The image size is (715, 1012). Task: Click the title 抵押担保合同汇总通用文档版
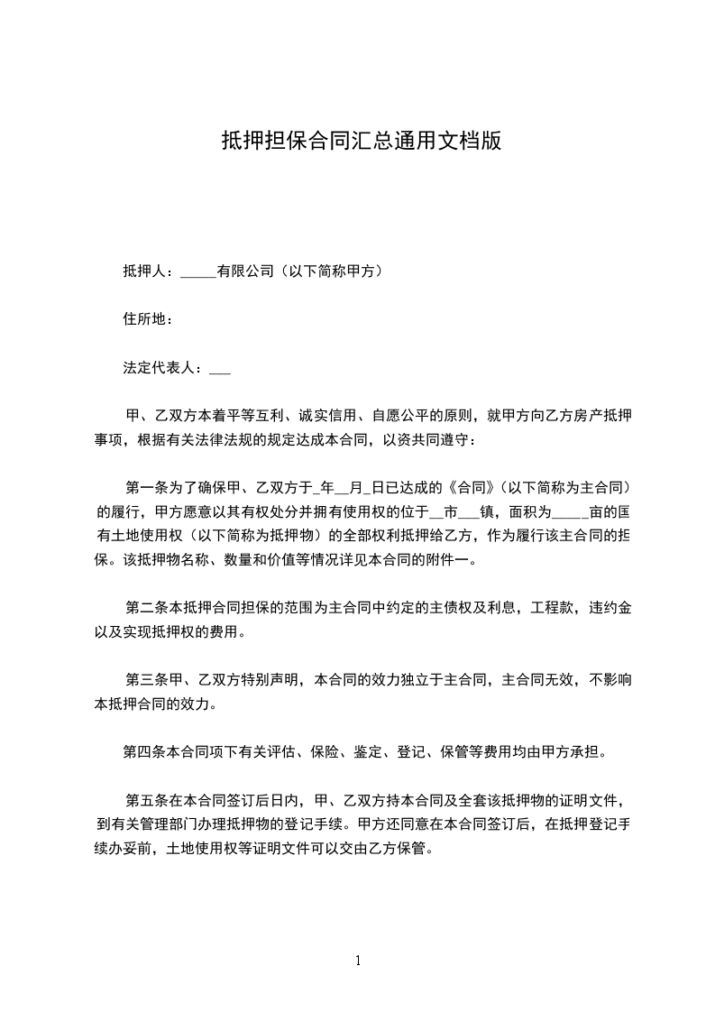pos(361,141)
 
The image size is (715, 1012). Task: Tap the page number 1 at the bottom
pos(358,961)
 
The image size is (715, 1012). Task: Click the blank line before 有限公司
pos(197,272)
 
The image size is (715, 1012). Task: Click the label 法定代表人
pos(159,368)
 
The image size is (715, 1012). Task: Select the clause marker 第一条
pos(148,489)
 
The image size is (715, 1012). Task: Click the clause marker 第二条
pos(148,608)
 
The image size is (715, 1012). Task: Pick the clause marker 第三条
pos(148,679)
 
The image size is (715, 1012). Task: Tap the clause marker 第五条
pos(148,799)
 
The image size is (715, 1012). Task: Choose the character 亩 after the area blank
pos(595,512)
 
